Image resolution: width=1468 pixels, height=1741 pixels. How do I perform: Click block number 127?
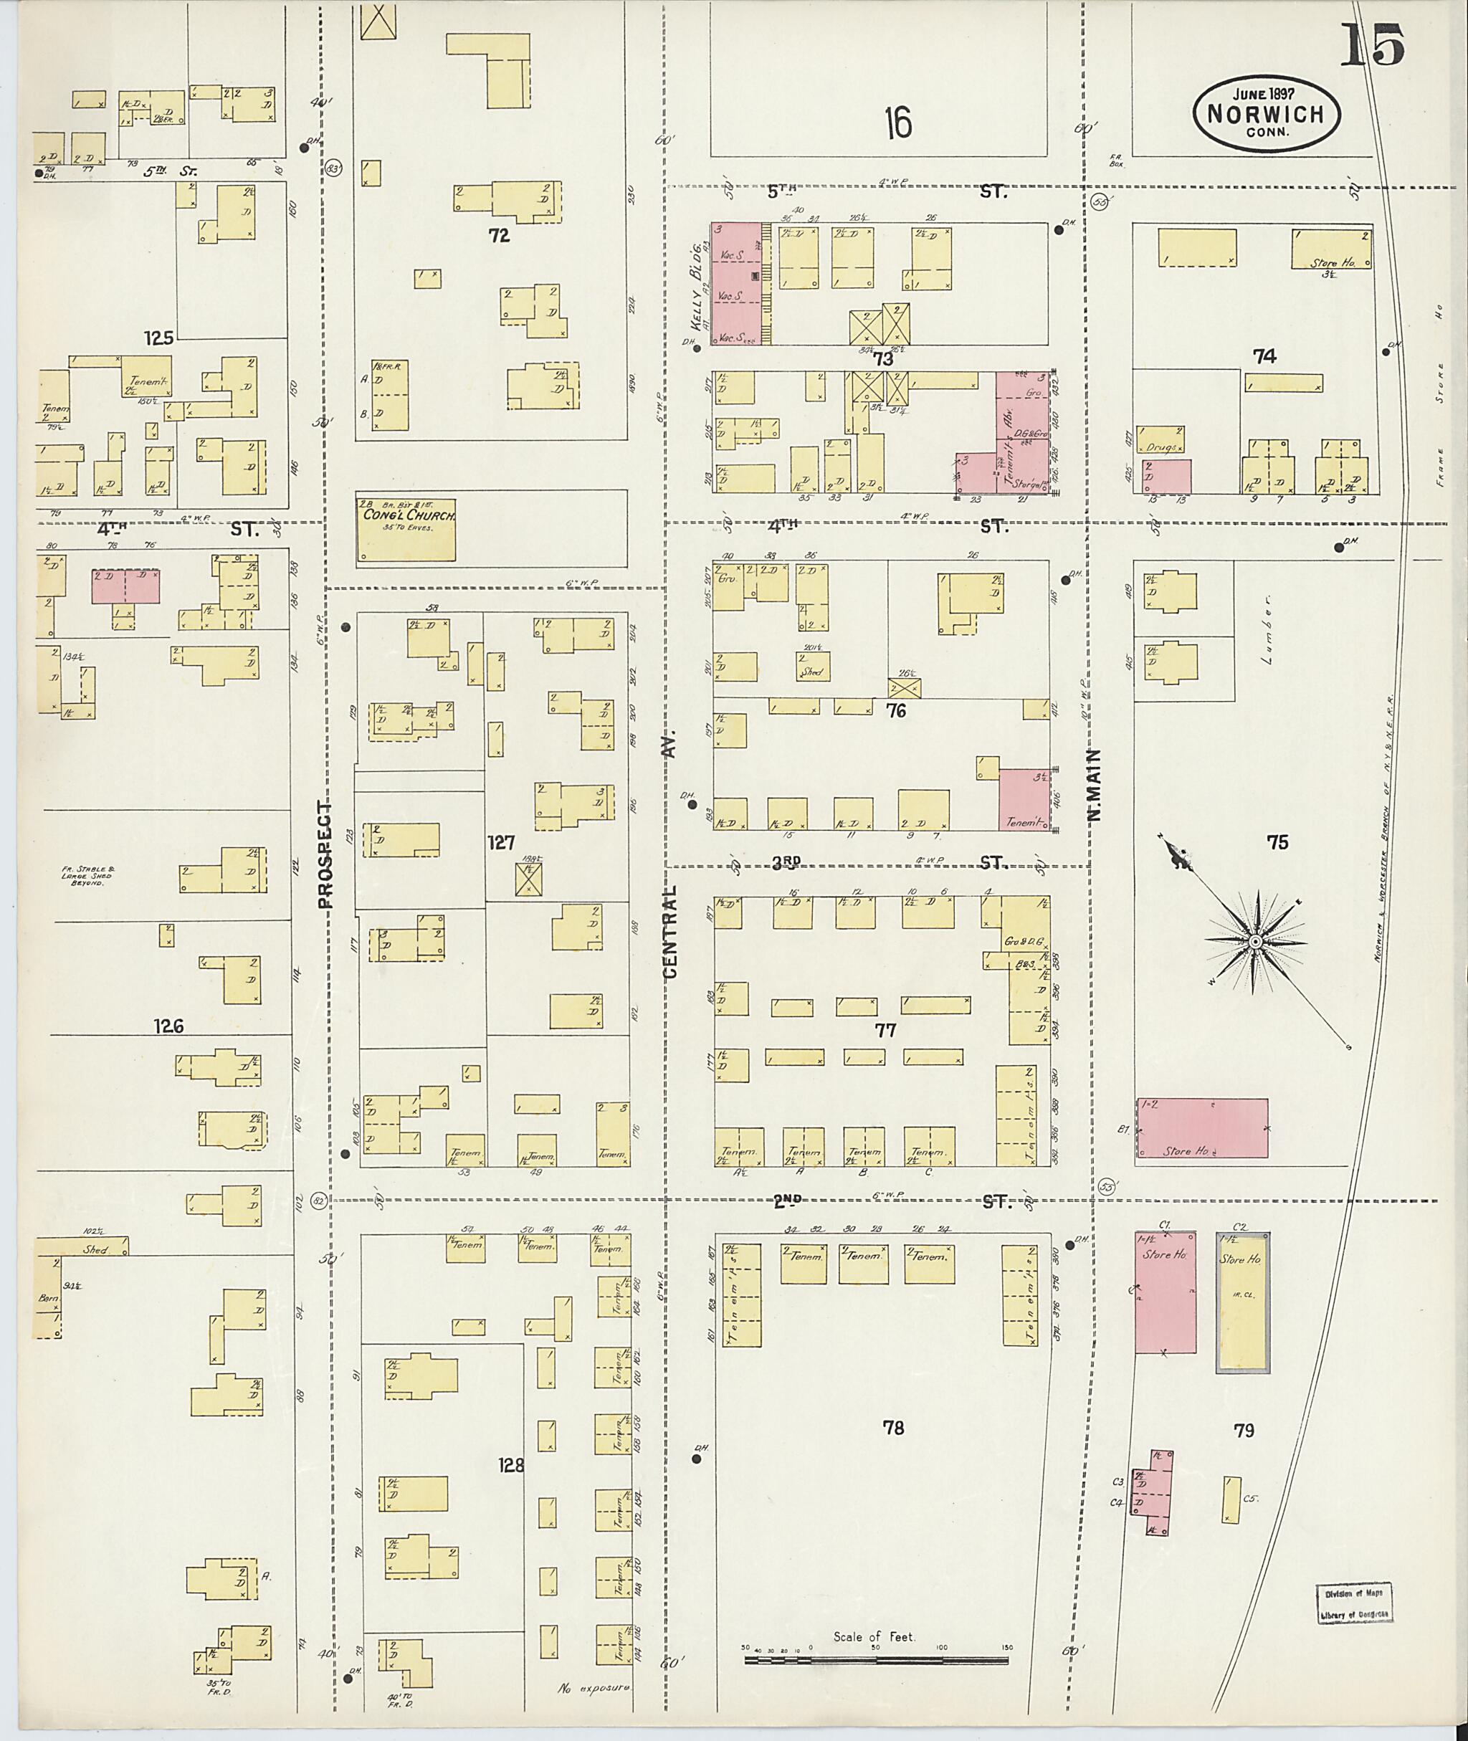pos(501,843)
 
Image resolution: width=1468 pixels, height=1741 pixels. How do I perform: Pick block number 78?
pos(893,1428)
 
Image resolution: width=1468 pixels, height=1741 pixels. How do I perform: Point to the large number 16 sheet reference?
pos(898,124)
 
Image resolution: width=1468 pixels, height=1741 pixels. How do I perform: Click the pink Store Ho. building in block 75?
pos(1201,1127)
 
